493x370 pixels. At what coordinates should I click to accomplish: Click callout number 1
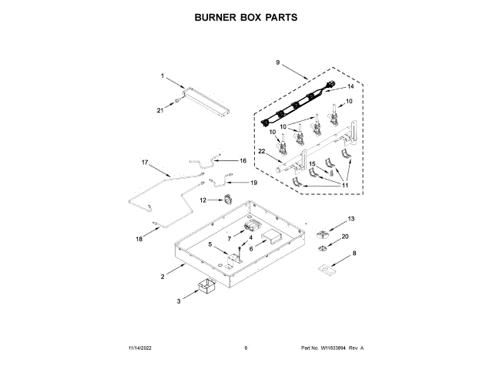[x=163, y=76]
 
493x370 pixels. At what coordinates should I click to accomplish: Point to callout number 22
[x=261, y=151]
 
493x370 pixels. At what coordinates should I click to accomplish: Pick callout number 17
[x=144, y=163]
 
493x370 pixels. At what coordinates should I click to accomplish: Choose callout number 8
[x=354, y=253]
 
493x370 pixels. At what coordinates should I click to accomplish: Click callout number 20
[x=345, y=236]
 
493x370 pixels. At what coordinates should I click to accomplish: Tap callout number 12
[x=203, y=200]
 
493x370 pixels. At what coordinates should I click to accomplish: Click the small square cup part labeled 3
[x=206, y=288]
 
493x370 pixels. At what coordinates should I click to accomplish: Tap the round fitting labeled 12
[x=228, y=202]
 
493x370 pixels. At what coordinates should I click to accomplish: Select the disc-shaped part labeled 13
[x=323, y=232]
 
